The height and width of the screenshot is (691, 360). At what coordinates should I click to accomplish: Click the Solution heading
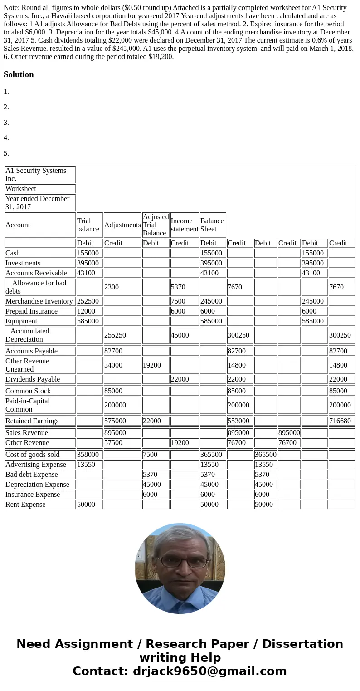pyautogui.click(x=19, y=74)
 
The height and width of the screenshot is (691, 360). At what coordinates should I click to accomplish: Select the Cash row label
pyautogui.click(x=13, y=253)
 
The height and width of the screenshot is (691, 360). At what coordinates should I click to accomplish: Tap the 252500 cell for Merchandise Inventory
pyautogui.click(x=88, y=301)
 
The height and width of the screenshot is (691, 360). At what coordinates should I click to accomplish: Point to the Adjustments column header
pyautogui.click(x=122, y=225)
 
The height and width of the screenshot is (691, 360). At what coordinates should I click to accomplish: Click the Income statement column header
pyautogui.click(x=185, y=225)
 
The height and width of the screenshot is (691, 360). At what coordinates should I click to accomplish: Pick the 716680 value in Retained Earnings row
pyautogui.click(x=340, y=421)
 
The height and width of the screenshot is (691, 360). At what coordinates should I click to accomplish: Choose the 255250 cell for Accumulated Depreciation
pyautogui.click(x=115, y=335)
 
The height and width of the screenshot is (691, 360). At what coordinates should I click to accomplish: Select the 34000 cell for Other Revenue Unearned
pyautogui.click(x=113, y=365)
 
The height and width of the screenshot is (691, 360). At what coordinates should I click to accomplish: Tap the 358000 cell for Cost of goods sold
pyautogui.click(x=88, y=455)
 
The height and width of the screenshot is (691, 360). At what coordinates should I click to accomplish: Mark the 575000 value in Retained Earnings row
pyautogui.click(x=115, y=421)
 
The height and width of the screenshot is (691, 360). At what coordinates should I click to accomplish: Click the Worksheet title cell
pyautogui.click(x=21, y=189)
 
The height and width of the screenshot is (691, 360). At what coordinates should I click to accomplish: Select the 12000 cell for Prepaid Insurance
pyautogui.click(x=86, y=311)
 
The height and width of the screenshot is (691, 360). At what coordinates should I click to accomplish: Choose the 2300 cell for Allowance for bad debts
pyautogui.click(x=112, y=287)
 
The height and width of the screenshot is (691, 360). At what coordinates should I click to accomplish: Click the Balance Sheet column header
pyautogui.click(x=212, y=225)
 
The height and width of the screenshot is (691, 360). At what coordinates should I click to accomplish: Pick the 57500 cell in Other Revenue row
pyautogui.click(x=113, y=443)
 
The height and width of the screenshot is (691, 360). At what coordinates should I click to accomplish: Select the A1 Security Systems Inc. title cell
pyautogui.click(x=36, y=175)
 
